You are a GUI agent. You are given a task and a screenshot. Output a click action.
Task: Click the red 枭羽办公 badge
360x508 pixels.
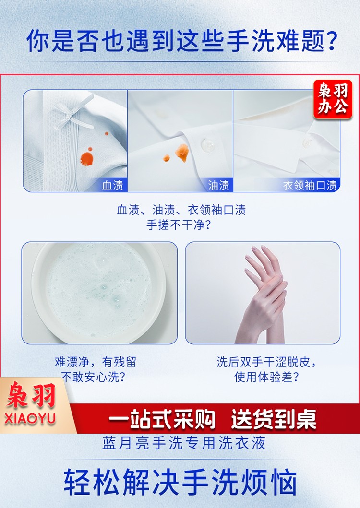pos(333,99)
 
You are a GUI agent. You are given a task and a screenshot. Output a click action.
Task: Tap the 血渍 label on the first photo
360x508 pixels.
pos(112,185)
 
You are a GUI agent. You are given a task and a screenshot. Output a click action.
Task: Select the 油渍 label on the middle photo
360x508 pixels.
pos(218,185)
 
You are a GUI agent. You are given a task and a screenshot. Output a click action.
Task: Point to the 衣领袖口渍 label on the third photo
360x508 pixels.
pos(310,185)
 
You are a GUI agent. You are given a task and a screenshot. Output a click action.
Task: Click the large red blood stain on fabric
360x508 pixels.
pos(86,158)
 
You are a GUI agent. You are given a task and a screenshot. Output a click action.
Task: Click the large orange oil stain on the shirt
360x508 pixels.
pos(182,152)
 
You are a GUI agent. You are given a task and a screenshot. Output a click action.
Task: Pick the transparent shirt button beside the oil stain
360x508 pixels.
pos(207,145)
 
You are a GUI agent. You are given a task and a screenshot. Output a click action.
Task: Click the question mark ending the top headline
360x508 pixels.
pos(331,41)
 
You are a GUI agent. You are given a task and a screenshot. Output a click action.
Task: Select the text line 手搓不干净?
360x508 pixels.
pos(179,224)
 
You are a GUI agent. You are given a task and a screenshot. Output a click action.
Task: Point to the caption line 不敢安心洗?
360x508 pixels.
pos(94,377)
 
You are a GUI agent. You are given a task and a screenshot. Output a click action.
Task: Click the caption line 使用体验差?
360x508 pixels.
pos(266,377)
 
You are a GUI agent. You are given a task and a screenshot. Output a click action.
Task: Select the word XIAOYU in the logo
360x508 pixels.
pos(30,419)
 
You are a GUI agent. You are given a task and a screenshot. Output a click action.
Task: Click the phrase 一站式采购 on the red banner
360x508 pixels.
pos(162,419)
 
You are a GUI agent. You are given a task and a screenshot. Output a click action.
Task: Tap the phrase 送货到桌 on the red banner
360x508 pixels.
pos(274,419)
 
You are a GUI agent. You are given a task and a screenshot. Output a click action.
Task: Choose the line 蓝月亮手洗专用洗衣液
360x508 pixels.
pos(184,443)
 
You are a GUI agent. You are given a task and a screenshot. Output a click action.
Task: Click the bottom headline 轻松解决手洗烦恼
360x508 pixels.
pos(180,483)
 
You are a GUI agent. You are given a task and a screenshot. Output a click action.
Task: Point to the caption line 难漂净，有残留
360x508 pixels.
pos(96,362)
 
